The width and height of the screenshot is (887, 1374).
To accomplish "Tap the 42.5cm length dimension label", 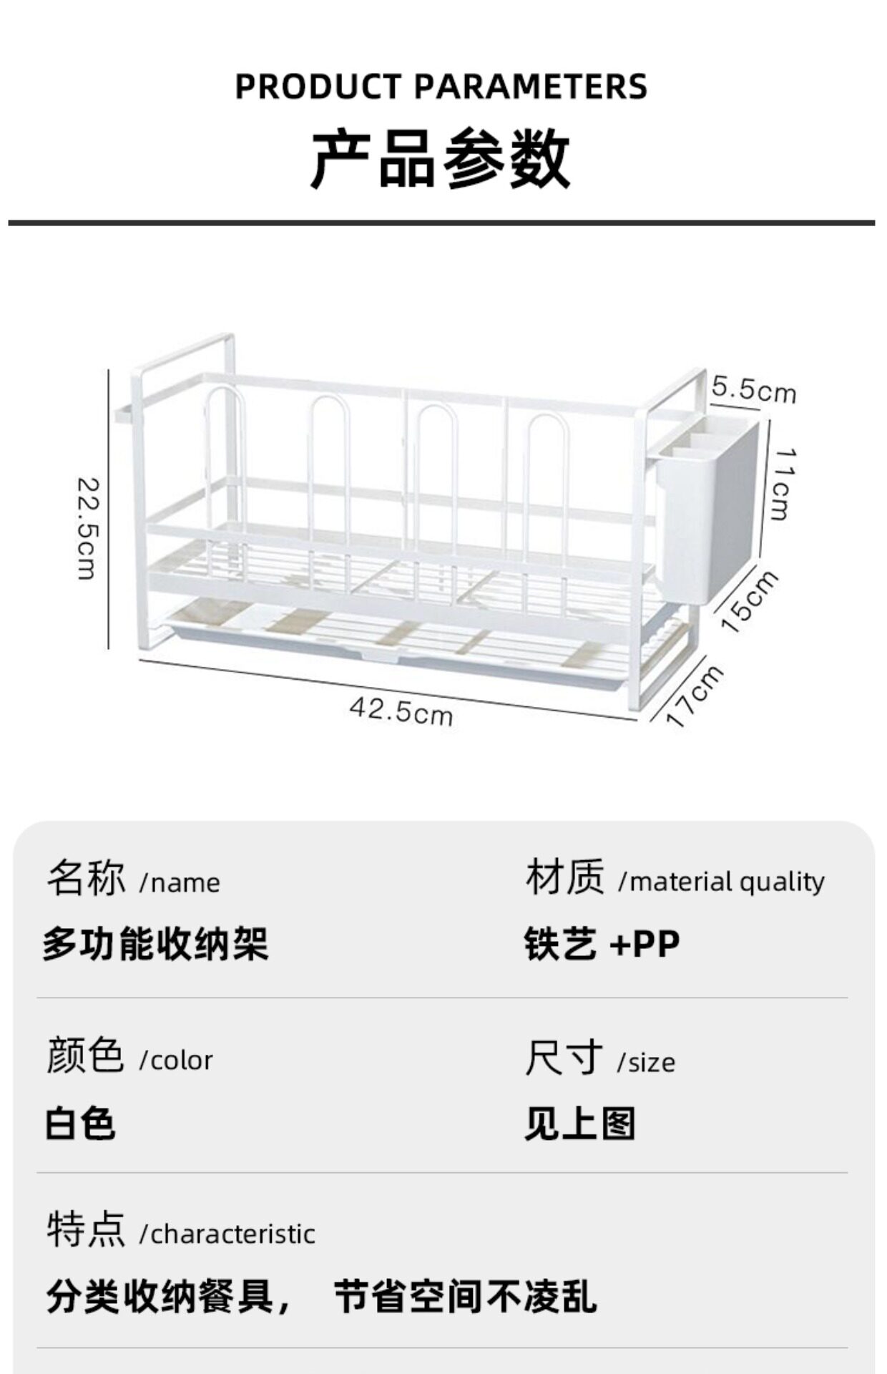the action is (x=401, y=711).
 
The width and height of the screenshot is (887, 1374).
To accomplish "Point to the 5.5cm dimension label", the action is (x=753, y=390).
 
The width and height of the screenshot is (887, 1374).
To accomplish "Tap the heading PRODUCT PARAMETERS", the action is (x=441, y=87).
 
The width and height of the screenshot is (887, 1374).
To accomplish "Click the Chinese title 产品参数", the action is (x=441, y=159).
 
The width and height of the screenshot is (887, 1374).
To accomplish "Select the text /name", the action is (x=180, y=883).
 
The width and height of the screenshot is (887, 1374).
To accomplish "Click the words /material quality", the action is (x=721, y=882).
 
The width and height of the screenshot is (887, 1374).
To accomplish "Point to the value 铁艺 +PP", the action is (x=602, y=944).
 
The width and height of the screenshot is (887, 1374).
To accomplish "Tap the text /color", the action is (x=176, y=1061).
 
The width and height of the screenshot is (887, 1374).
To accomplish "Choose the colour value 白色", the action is (x=80, y=1123).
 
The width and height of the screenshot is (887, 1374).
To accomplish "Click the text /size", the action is (x=646, y=1062).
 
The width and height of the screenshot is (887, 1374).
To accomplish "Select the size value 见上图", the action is (x=580, y=1123).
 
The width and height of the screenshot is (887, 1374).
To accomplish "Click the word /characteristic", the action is (x=227, y=1234).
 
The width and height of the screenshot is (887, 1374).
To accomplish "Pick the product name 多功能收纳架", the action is (x=156, y=944).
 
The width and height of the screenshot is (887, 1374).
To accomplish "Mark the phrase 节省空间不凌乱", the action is (x=465, y=1297).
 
